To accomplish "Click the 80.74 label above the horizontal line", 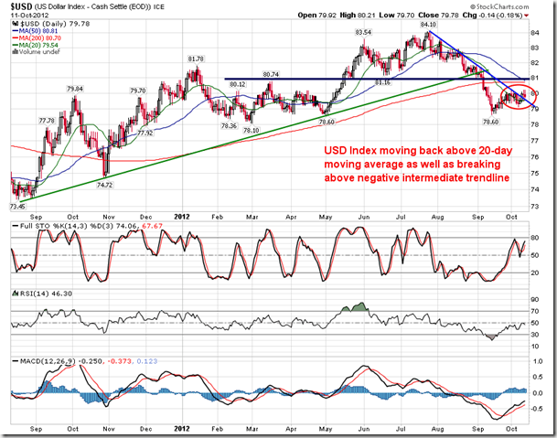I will [270, 73].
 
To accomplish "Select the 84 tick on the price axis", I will [534, 34].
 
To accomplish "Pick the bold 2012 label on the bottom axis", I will [184, 429].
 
